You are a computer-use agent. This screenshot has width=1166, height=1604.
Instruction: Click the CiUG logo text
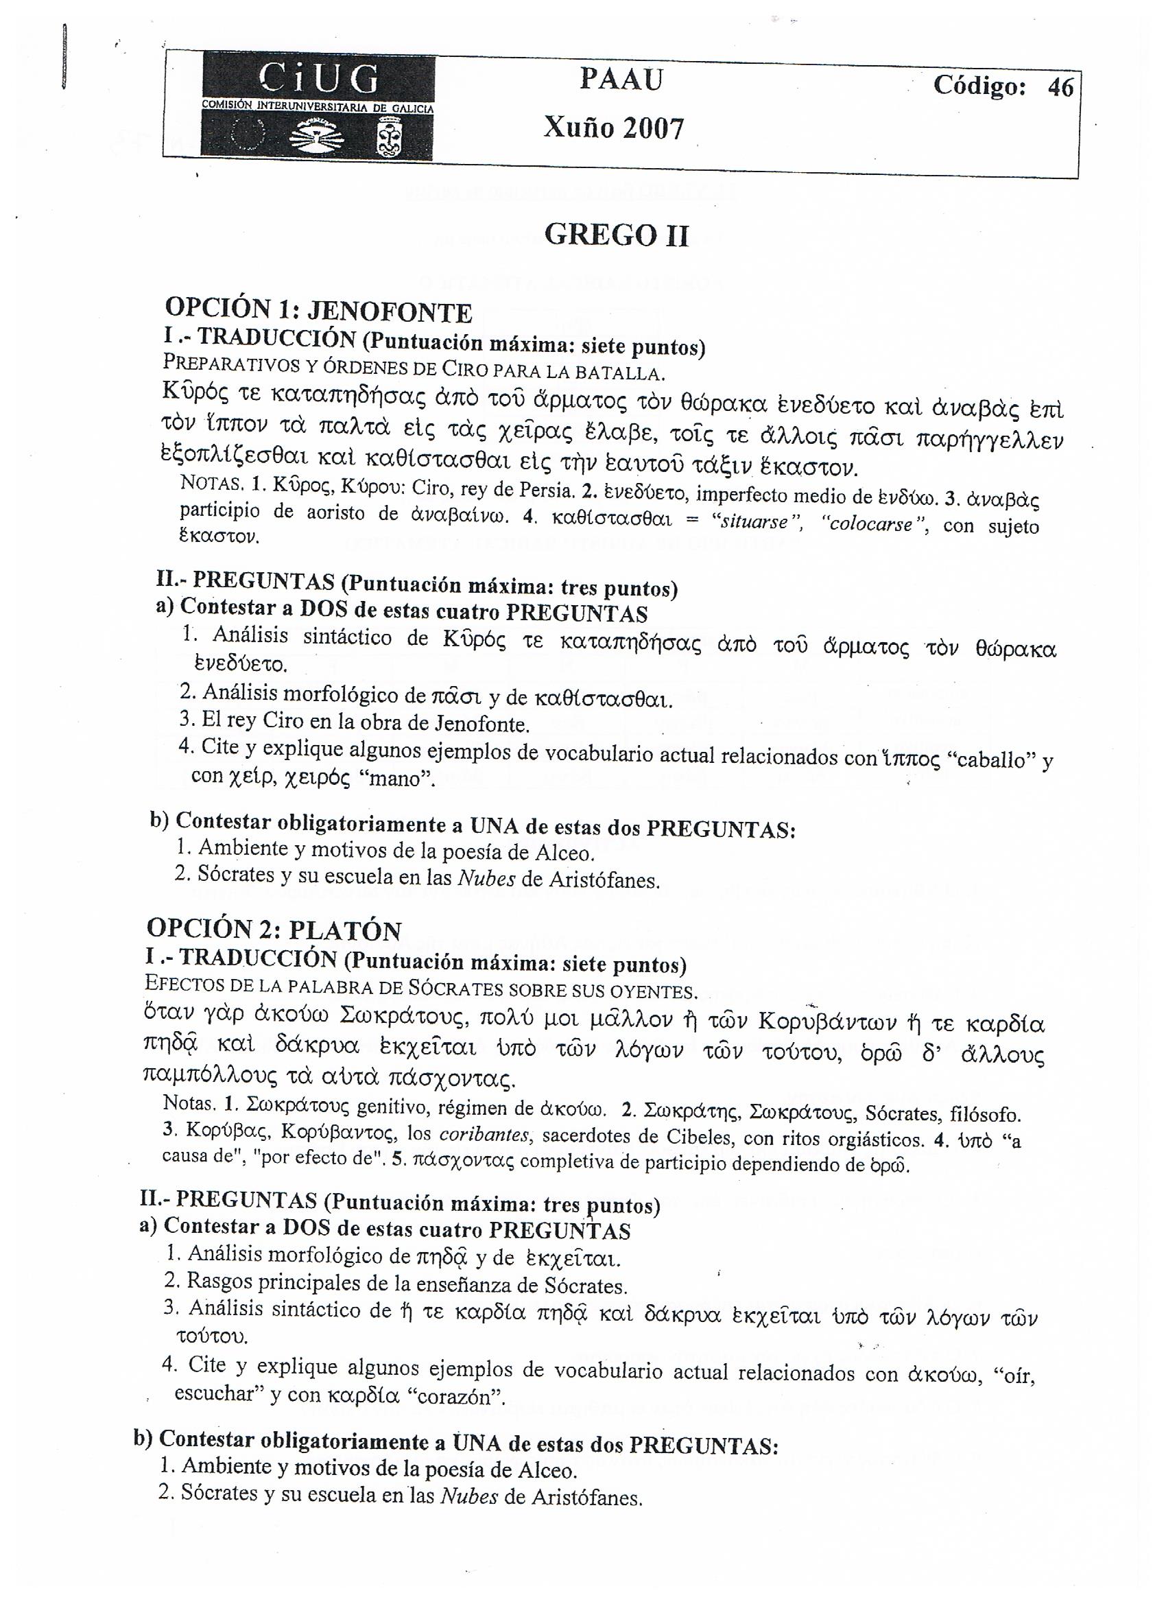tap(318, 78)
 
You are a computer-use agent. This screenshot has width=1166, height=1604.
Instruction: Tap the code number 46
tap(1060, 87)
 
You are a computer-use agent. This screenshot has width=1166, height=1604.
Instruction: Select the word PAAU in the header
tap(621, 80)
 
